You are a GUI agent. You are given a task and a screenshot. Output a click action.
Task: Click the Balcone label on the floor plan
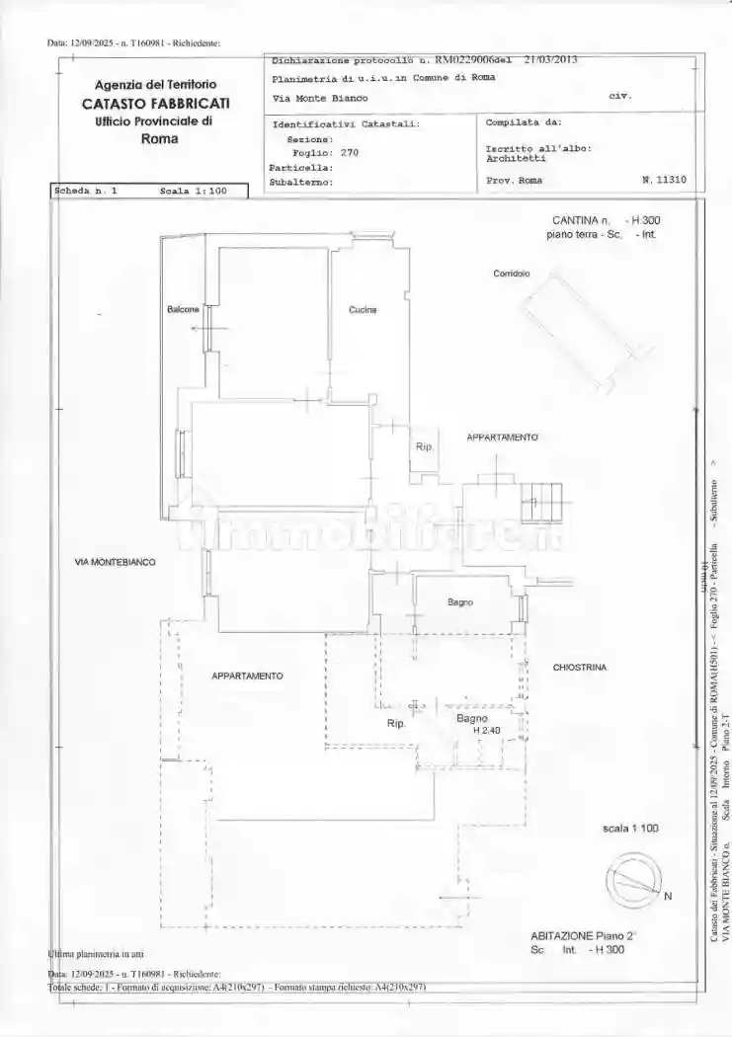[x=183, y=309]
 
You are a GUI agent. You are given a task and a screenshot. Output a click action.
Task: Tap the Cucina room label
[x=362, y=310]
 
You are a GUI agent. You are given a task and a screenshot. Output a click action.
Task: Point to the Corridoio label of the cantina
[x=511, y=273]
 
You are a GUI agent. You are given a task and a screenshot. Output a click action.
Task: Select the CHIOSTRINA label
[x=579, y=668]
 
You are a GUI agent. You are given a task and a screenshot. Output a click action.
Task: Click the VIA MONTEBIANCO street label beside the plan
[x=115, y=561]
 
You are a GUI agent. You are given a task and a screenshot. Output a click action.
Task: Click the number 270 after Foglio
[x=349, y=153]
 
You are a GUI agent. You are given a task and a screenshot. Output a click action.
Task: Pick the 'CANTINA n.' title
[x=582, y=220]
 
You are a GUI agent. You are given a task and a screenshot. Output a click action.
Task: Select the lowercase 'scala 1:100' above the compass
[x=629, y=828]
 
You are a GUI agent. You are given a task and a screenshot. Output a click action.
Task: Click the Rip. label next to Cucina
[x=424, y=446]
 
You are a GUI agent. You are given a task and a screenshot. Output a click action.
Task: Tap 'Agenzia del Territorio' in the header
[x=155, y=86]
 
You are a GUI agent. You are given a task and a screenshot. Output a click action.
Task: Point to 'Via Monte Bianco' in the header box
[x=319, y=98]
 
